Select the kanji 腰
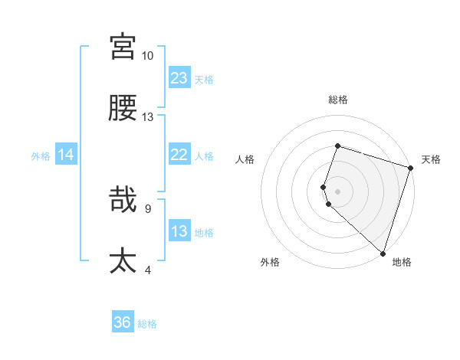pyautogui.click(x=123, y=108)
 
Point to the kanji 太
pyautogui.click(x=123, y=261)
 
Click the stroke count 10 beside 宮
pyautogui.click(x=147, y=56)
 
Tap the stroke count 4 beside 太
pyautogui.click(x=147, y=270)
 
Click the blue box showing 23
pyautogui.click(x=179, y=77)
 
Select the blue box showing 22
pyautogui.click(x=179, y=155)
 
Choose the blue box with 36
pyautogui.click(x=123, y=323)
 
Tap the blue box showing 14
pyautogui.click(x=66, y=155)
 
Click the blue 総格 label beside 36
pyautogui.click(x=147, y=324)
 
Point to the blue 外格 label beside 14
pyautogui.click(x=41, y=156)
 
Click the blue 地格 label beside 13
pyautogui.click(x=204, y=233)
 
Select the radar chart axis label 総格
pyautogui.click(x=338, y=100)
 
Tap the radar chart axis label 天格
pyautogui.click(x=431, y=160)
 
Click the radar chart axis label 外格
pyautogui.click(x=270, y=262)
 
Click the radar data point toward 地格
pyautogui.click(x=383, y=253)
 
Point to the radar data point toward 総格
pyautogui.click(x=337, y=146)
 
